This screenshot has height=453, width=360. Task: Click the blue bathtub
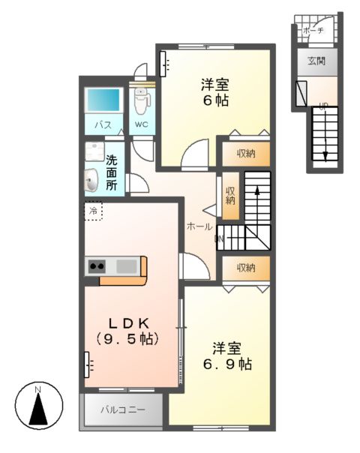pos(103,100)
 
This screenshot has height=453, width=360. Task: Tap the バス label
pos(103,124)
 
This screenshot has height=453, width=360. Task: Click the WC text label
pos(142,124)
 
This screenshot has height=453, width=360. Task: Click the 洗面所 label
pos(111,172)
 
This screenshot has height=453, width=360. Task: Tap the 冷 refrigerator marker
pos(94,211)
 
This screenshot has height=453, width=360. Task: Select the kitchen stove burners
pos(97,265)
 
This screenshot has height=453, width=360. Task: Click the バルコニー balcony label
pos(122,412)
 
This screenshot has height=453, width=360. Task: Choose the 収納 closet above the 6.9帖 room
pos(241,268)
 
